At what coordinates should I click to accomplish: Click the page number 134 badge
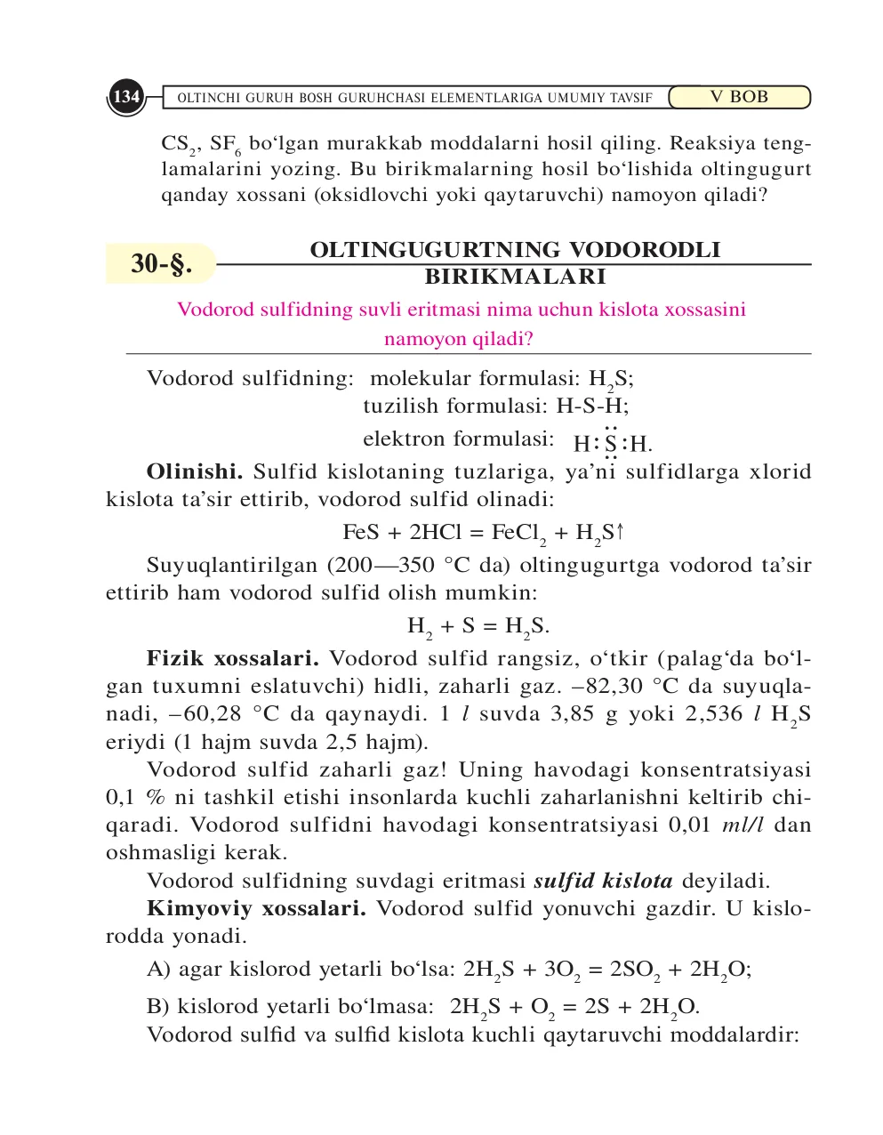pos(126,97)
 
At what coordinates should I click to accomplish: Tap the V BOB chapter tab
pos(738,97)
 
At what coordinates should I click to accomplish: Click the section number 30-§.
pos(160,263)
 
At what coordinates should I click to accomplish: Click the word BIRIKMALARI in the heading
pos(515,277)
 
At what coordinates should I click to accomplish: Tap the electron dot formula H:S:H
pos(612,442)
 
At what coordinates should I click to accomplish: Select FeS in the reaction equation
pos(361,533)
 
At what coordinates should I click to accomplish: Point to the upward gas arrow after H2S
pos(621,532)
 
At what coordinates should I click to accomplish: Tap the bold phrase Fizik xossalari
pos(233,659)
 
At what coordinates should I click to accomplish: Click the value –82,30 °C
pos(626,687)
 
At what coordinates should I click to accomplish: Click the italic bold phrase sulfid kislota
pos(603,881)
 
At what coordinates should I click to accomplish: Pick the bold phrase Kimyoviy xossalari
pos(256,909)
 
